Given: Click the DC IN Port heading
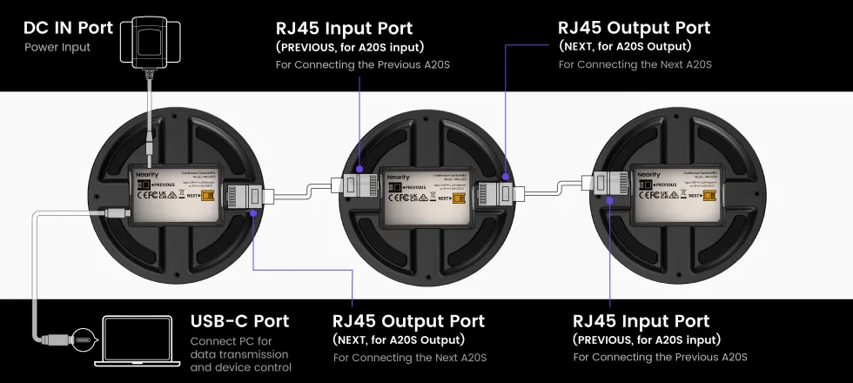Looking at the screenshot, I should point(68,28).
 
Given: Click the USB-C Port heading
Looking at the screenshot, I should point(239,321).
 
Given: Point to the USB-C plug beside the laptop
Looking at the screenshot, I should point(83,338).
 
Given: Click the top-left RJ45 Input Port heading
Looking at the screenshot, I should point(344,29).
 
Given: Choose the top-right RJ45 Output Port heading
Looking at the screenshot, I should point(634,28).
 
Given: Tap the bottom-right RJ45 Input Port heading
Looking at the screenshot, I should point(641,321).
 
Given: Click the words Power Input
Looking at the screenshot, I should point(57,47).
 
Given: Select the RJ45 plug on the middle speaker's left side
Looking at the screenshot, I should point(353,185).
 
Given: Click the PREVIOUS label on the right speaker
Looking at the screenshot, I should point(662,185).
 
